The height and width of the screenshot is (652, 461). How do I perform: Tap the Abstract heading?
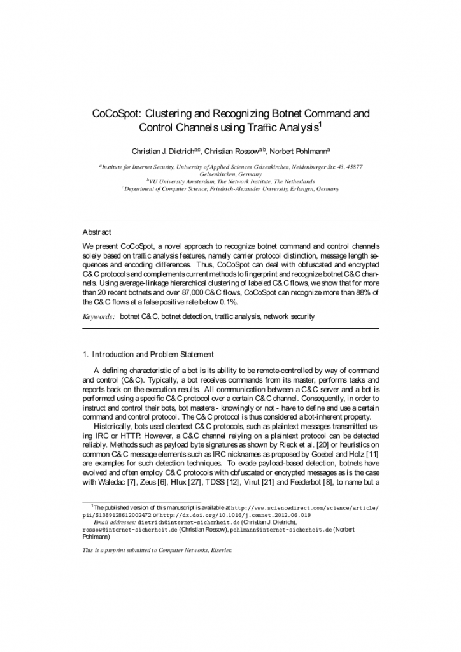click(97, 232)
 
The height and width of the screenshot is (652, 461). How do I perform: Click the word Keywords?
click(98, 316)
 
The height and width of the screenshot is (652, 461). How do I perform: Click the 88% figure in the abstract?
click(358, 292)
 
